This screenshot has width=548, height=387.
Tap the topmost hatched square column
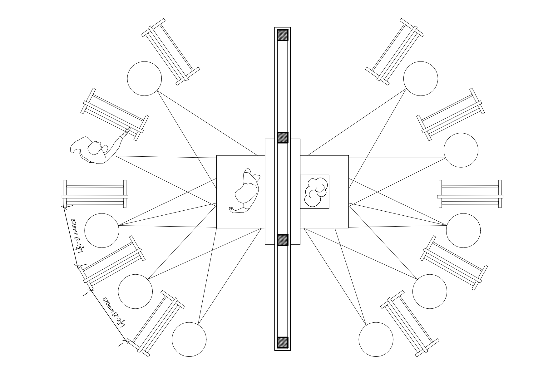click(283, 35)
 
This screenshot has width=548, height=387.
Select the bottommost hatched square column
click(283, 342)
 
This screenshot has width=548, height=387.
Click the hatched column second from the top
click(283, 138)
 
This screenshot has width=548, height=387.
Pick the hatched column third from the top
click(283, 240)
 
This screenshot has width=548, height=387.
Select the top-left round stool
click(145, 79)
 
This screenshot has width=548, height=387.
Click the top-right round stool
click(421, 79)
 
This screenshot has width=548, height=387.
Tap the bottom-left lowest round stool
click(189, 340)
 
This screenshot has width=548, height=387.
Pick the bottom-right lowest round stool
click(376, 340)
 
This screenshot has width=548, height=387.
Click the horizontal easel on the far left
click(95, 194)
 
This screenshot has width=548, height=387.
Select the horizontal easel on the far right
click(470, 194)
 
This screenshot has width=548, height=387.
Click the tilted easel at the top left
click(170, 52)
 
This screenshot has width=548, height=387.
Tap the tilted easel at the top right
click(395, 52)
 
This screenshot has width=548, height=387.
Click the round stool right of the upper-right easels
click(461, 150)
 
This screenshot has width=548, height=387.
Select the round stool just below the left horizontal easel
click(102, 231)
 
